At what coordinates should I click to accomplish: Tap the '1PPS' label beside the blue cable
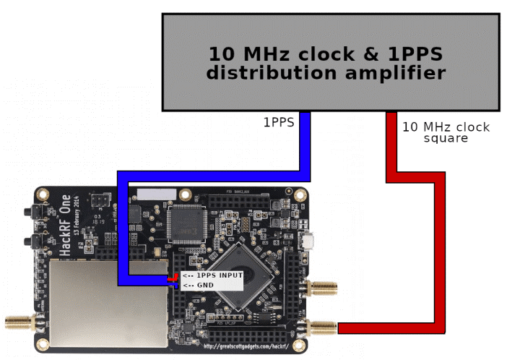point(278,122)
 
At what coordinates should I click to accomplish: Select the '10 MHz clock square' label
point(445,132)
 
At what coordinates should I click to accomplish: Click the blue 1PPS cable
point(305,145)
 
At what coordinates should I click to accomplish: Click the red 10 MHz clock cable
point(391,145)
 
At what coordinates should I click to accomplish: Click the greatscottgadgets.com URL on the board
point(246,346)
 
